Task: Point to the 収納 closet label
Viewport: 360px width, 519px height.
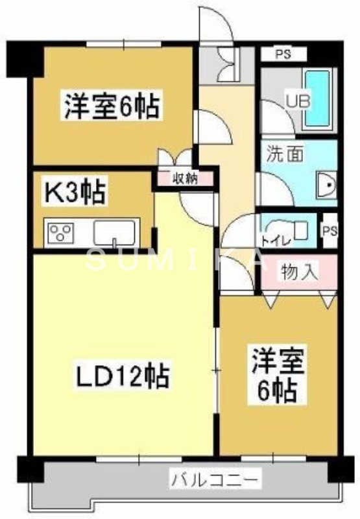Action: tap(184, 178)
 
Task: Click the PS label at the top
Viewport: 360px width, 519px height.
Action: tap(282, 54)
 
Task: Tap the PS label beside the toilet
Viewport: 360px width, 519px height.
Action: tap(330, 231)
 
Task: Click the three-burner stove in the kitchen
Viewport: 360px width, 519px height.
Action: tap(60, 231)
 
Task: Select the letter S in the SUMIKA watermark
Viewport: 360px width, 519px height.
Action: tap(95, 261)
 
